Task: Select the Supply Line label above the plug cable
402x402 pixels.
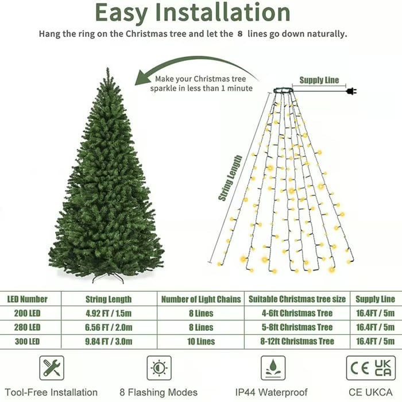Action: [319, 80]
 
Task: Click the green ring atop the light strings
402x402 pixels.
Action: [283, 90]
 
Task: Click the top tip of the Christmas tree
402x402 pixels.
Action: [107, 70]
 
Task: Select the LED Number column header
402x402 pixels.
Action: [27, 299]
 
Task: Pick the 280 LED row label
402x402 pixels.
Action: [24, 327]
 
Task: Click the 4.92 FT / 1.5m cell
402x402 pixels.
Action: [108, 314]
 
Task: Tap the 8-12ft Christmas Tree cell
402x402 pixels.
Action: [296, 342]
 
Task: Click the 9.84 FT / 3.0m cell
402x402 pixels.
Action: [108, 342]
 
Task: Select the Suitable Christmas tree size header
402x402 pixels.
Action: [296, 299]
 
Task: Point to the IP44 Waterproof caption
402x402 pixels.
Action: [273, 393]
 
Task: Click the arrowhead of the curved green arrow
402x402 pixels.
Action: [140, 80]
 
